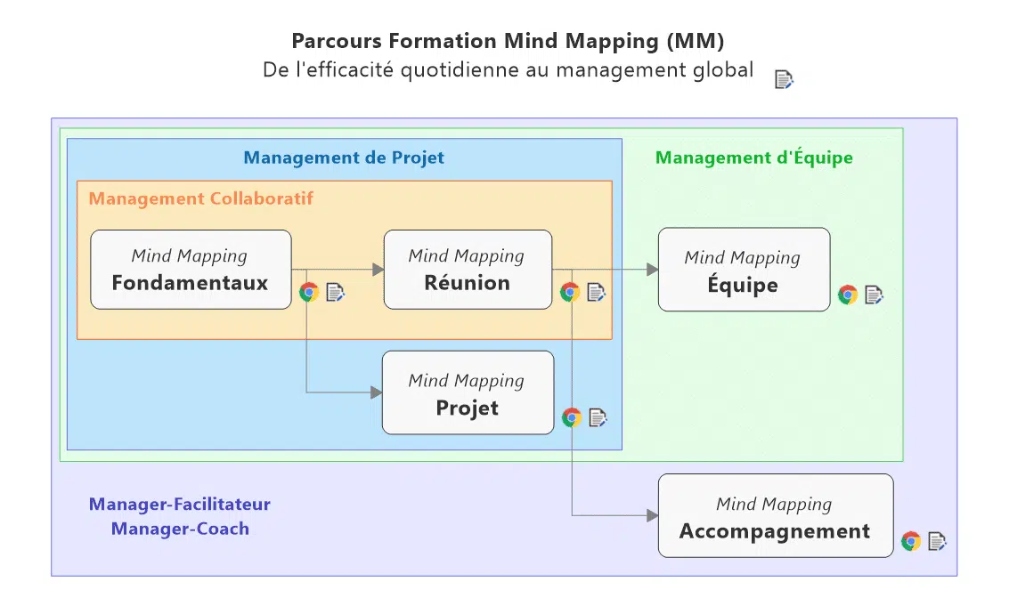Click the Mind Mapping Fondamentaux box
[191, 270]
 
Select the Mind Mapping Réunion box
[468, 270]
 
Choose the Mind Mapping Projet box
[468, 393]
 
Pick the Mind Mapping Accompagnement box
[775, 517]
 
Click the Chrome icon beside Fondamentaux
[309, 292]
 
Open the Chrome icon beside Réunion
[570, 292]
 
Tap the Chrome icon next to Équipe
[848, 295]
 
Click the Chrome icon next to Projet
[572, 417]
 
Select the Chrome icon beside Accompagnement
[910, 541]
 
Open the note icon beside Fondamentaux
[336, 292]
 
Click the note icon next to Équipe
[874, 295]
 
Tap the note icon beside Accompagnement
[937, 541]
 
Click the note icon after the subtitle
[784, 79]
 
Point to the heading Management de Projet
[344, 158]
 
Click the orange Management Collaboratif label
[200, 198]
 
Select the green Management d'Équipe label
[753, 158]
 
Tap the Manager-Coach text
[180, 529]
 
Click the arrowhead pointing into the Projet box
[376, 392]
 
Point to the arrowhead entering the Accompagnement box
[652, 515]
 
